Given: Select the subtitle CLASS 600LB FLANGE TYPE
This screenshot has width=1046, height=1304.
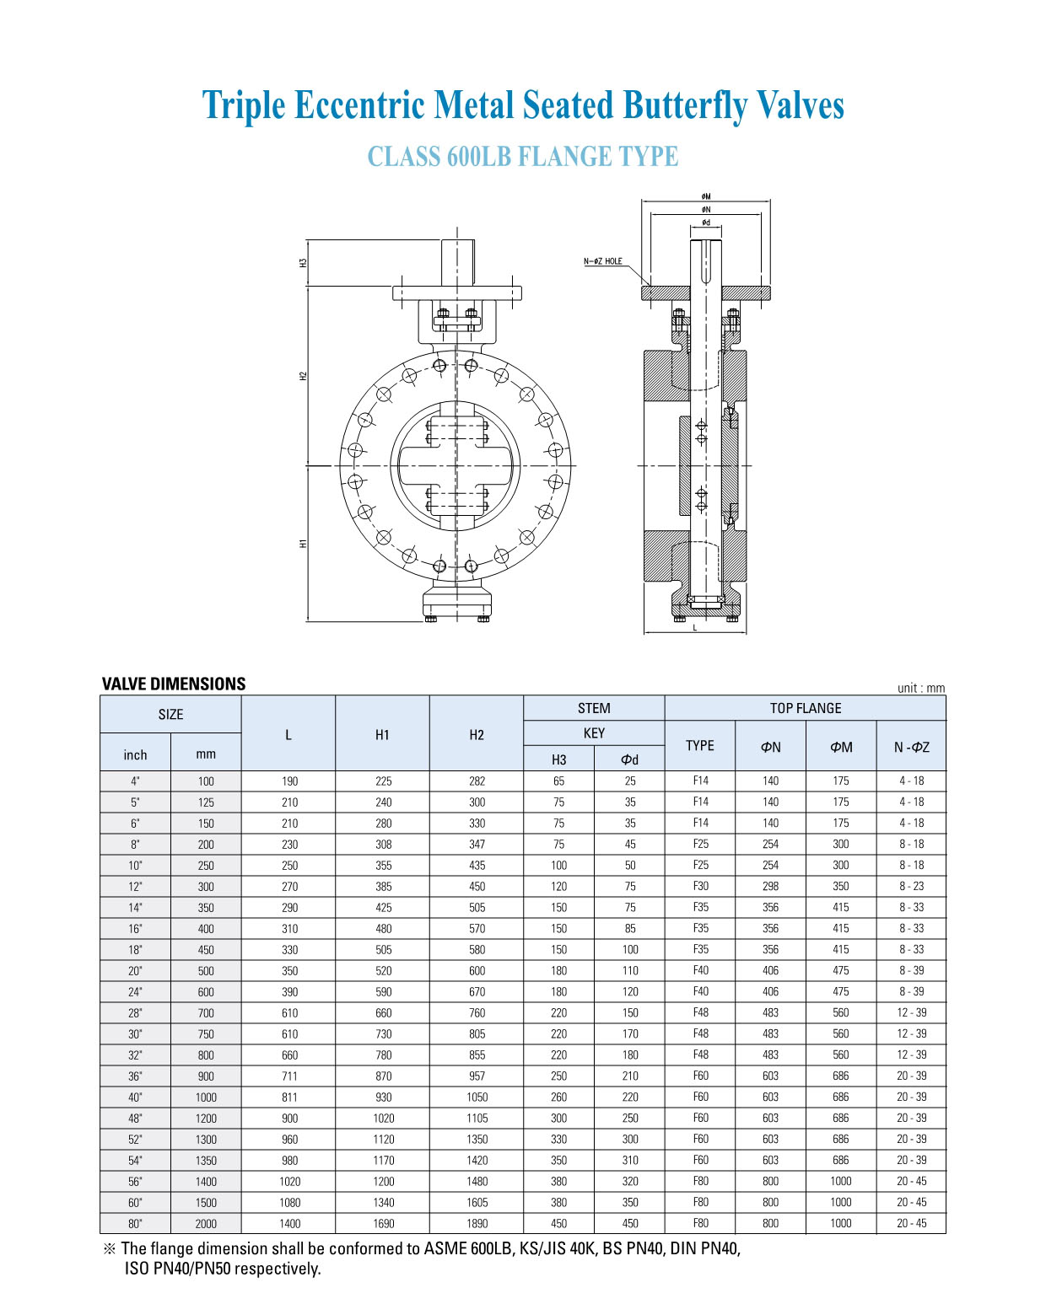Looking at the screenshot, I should tap(523, 157).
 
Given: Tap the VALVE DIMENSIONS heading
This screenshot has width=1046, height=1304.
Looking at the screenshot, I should tap(174, 684).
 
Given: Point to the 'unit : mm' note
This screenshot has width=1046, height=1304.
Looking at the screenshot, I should tap(921, 688).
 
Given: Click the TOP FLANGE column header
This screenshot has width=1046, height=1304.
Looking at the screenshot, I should tap(805, 708).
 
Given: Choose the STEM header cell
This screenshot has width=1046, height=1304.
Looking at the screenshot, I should tap(594, 708).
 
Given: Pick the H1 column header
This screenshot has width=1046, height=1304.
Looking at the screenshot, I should tap(382, 734).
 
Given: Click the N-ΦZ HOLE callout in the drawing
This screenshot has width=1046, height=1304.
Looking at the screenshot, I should tap(603, 261).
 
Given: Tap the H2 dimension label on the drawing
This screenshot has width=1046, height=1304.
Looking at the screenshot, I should tap(303, 376).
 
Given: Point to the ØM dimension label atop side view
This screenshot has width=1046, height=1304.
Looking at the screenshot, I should tap(706, 196).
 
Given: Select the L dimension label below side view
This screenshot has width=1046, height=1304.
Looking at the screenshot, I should tap(695, 627).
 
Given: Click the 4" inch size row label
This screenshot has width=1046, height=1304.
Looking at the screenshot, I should tap(135, 781).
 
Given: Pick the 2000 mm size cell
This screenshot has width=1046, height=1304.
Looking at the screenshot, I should tap(206, 1224).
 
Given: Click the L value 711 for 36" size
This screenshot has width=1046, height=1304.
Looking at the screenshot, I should tap(289, 1076).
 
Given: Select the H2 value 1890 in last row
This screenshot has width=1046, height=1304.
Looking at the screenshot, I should tap(477, 1224).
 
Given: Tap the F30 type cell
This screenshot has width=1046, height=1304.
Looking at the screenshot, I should tap(700, 887).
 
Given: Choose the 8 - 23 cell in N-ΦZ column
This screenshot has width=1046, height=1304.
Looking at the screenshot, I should tap(911, 887).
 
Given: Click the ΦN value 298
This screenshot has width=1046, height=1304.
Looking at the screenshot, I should tap(770, 887).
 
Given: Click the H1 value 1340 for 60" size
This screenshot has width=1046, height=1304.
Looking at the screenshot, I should tap(383, 1203).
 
